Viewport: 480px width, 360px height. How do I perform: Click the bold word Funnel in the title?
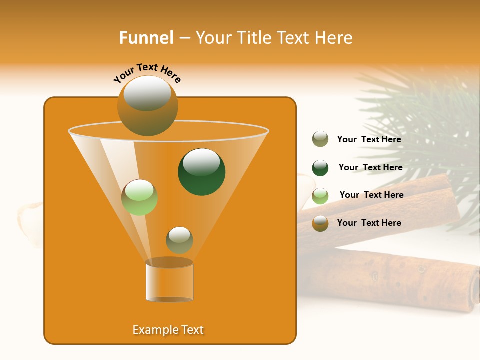(x=146, y=38)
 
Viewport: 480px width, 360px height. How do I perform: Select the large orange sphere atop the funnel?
(x=147, y=106)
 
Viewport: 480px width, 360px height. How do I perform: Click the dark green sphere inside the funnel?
(x=201, y=172)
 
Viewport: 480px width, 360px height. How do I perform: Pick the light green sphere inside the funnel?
(x=139, y=197)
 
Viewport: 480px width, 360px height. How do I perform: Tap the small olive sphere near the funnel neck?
(x=179, y=240)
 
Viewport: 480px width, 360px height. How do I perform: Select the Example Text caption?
(x=168, y=330)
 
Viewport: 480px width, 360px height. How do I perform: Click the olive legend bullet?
(x=320, y=139)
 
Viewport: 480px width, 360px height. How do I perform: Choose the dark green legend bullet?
(x=320, y=168)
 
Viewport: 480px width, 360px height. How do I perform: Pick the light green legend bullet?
(x=320, y=196)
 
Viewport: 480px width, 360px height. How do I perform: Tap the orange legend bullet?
(x=320, y=223)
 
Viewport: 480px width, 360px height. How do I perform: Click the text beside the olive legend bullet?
(x=369, y=140)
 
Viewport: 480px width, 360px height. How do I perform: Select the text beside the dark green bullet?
(x=370, y=168)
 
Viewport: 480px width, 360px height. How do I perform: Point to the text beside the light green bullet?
(x=371, y=195)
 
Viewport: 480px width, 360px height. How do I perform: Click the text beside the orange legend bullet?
(x=369, y=223)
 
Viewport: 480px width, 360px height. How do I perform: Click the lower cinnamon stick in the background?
(x=390, y=280)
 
